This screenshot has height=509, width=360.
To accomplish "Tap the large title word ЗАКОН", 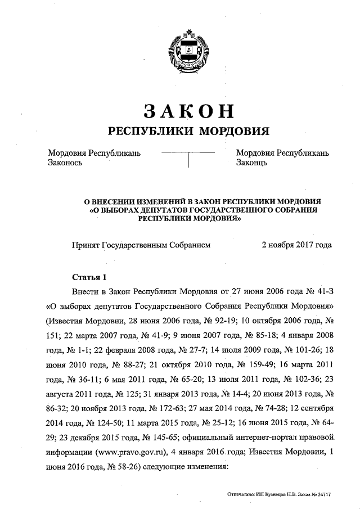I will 188,110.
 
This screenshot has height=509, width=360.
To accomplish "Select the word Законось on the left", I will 66,163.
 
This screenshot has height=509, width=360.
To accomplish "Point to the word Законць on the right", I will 251,163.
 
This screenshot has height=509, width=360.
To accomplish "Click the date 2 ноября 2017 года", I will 296,245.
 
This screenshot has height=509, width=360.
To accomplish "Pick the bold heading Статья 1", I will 89,277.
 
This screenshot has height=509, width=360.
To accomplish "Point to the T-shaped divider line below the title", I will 188,157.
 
